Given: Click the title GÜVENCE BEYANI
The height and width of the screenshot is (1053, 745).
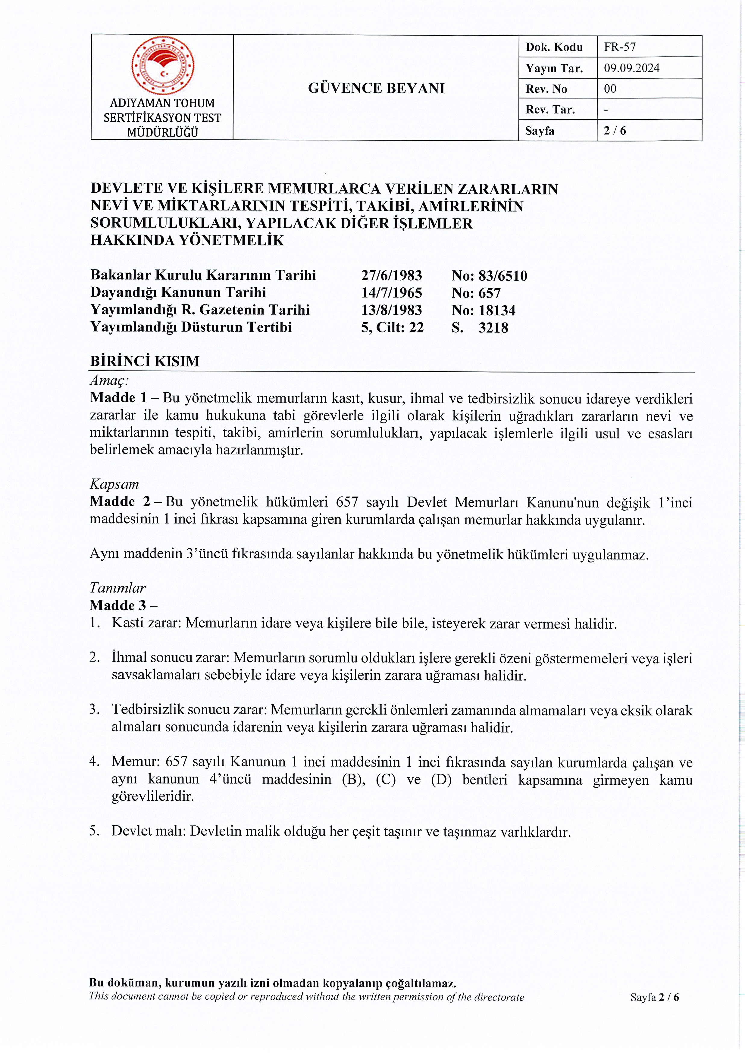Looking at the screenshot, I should (376, 88).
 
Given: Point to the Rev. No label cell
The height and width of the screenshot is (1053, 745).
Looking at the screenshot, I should (546, 89).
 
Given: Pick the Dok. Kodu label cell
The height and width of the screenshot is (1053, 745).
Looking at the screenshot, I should (554, 47).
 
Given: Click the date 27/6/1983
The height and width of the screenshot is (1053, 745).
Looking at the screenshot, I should (391, 275).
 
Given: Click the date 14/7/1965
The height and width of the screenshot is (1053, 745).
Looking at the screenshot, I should (391, 293).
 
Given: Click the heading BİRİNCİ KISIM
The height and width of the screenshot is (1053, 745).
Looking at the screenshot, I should (145, 361).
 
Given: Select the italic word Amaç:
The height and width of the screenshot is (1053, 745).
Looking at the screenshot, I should (109, 380).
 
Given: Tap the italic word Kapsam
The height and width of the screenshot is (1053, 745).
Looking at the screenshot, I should (114, 484).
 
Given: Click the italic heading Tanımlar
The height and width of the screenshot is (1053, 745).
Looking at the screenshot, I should (117, 588).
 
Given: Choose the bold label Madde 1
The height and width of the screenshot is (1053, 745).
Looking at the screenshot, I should (118, 398).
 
